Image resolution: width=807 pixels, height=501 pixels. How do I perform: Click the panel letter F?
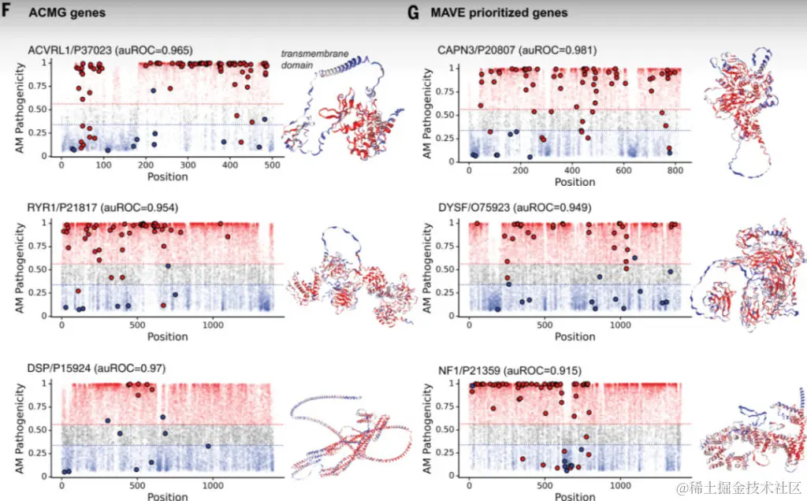point(6,12)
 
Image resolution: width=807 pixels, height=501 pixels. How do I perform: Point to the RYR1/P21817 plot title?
point(103,208)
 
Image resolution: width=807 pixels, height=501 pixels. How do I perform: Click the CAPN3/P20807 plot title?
point(517,50)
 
